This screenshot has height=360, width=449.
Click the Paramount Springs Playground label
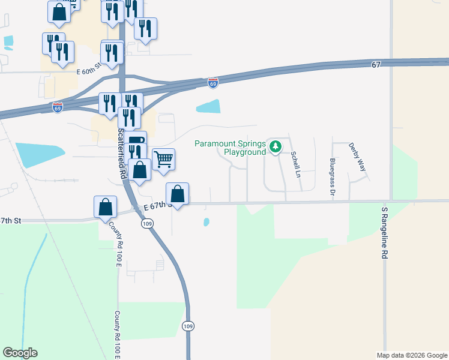point(230,148)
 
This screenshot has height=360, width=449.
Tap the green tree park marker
point(275,146)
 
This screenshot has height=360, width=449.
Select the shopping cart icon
point(163,160)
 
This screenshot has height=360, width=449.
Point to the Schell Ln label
point(295,164)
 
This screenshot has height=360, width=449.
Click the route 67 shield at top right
point(376,65)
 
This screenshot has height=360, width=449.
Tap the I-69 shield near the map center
point(213,82)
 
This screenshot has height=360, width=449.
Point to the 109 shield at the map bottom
point(187,325)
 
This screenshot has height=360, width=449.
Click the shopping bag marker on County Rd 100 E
point(105,206)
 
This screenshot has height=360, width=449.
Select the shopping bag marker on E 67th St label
point(177,194)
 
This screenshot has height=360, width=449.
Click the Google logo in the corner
point(20,353)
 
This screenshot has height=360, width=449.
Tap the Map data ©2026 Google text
point(412,355)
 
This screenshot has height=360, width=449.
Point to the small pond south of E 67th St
point(206,222)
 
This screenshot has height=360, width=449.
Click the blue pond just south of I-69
point(208,106)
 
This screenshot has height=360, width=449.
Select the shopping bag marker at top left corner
point(59,12)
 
